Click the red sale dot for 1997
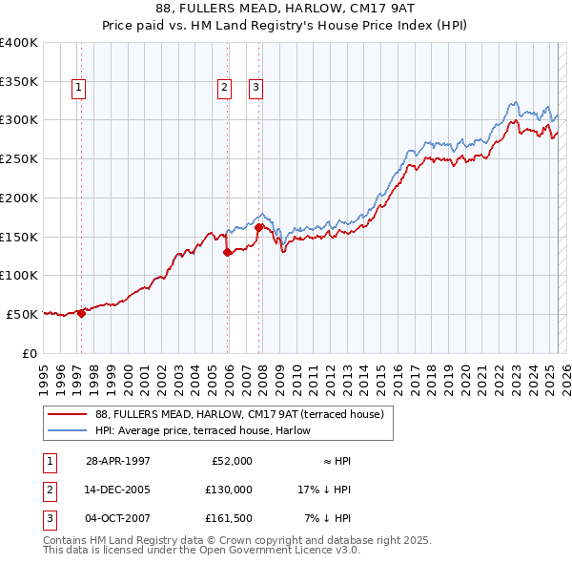tap(82, 312)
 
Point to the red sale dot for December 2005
tap(227, 253)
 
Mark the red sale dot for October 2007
tap(258, 227)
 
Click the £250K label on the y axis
tap(19, 158)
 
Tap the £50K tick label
tap(23, 314)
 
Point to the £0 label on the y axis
tap(31, 353)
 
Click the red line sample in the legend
tap(68, 414)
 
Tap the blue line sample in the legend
tap(68, 430)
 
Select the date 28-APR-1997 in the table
tap(117, 461)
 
